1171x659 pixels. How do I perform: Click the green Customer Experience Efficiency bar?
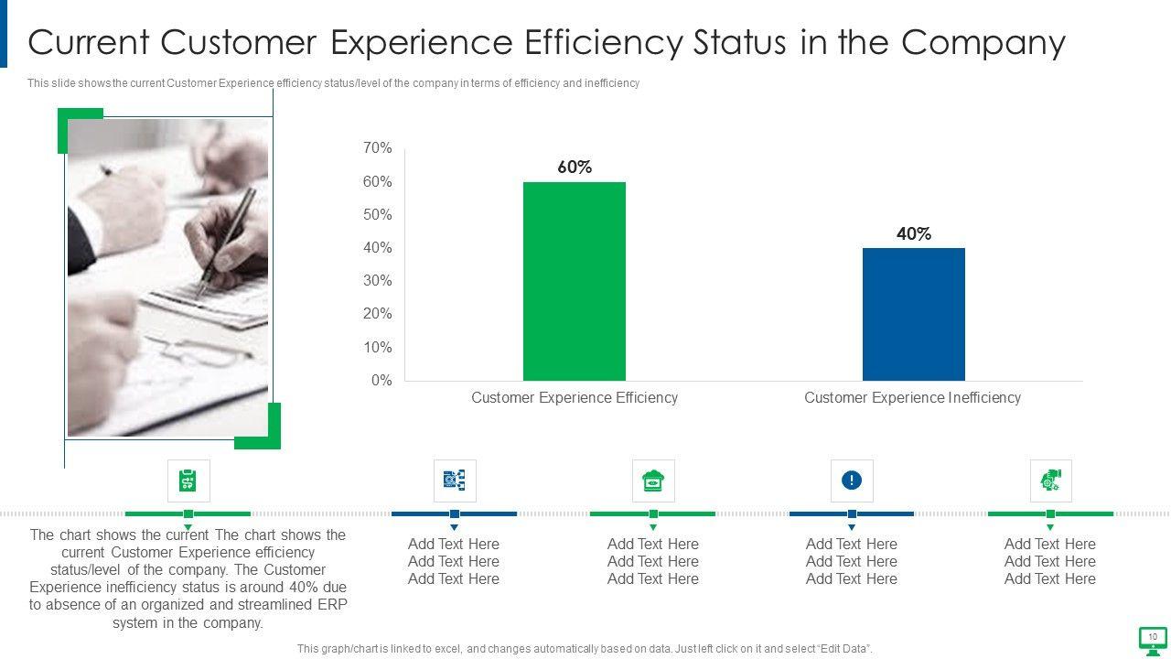pos(575,281)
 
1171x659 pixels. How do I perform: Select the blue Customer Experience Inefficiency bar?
pos(913,314)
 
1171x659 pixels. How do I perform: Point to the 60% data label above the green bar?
pos(575,167)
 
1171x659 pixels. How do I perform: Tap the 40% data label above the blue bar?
pos(913,233)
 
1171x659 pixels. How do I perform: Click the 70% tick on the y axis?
pos(377,148)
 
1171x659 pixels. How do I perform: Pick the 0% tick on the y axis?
pos(381,381)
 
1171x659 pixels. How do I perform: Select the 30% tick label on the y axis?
pos(377,281)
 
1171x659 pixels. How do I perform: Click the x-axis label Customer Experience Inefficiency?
pos(912,397)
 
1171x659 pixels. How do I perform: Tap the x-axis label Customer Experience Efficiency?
pos(575,397)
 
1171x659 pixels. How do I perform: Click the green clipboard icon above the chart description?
pos(188,481)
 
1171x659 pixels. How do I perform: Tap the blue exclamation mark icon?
pos(852,481)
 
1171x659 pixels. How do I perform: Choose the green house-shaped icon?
pos(653,481)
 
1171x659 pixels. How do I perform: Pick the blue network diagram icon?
pos(454,481)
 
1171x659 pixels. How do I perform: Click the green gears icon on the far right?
pos(1050,481)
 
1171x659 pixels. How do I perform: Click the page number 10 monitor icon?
pos(1152,638)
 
